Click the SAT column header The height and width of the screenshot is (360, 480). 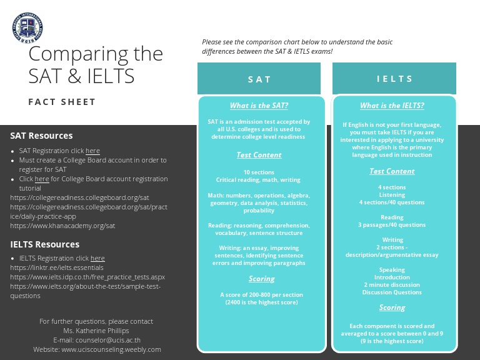259,79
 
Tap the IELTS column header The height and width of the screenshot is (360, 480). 394,79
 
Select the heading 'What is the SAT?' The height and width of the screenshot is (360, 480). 259,106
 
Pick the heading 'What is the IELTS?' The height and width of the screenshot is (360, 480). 392,106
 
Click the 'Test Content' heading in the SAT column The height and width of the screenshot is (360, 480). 259,155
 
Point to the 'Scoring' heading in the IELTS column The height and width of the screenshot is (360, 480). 392,307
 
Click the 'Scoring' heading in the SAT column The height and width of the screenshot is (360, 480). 261,279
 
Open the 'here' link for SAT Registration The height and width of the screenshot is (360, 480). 92,151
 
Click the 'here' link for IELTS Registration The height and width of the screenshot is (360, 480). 97,258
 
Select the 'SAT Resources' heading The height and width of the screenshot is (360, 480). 41,136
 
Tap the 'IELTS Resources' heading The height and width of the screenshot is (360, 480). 45,244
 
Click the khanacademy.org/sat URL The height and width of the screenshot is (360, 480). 62,226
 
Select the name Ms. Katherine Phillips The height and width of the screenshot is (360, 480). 96,331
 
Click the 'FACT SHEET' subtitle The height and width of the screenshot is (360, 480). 62,102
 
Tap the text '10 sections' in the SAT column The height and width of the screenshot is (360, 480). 259,172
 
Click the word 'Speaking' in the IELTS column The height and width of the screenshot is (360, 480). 392,270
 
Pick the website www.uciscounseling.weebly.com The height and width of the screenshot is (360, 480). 111,349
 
